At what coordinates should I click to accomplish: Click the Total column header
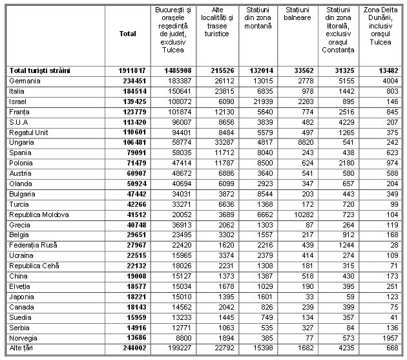(128, 34)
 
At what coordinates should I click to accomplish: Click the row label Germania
(25, 81)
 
